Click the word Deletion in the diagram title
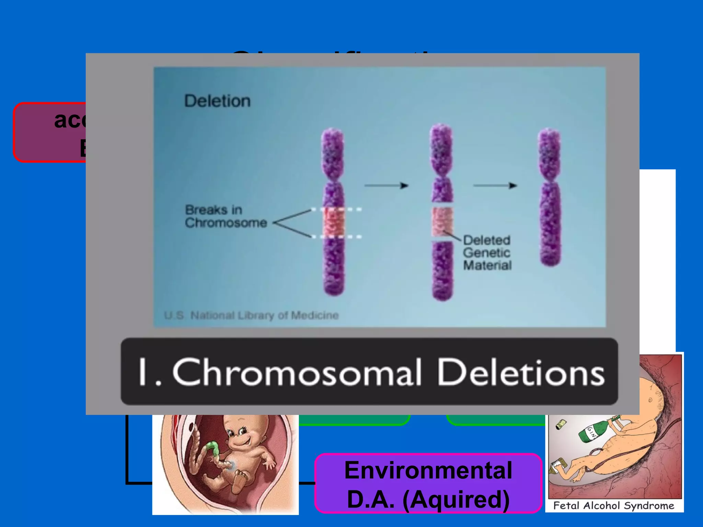(x=217, y=101)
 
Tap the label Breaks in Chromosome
(x=226, y=216)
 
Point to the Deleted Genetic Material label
(x=487, y=253)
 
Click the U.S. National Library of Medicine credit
(x=251, y=315)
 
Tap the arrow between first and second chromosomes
(x=386, y=186)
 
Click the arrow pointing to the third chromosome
(x=495, y=186)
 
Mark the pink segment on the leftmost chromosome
(x=333, y=223)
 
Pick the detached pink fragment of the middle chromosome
(x=442, y=221)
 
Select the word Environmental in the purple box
(x=428, y=470)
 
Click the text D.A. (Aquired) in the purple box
(x=428, y=499)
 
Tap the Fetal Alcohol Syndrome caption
(x=614, y=505)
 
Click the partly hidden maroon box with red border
(x=50, y=132)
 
